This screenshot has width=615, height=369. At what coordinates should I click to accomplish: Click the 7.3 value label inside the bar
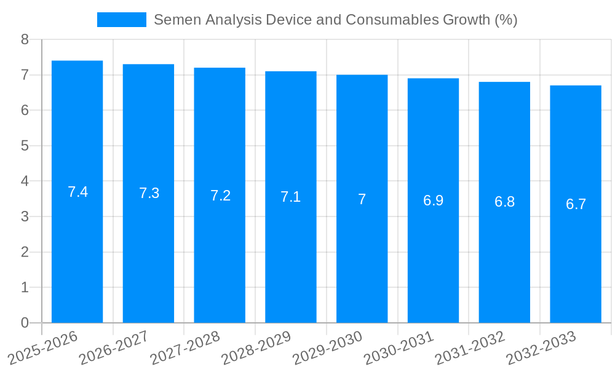tap(149, 193)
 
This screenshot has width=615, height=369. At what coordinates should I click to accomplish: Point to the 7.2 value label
tap(220, 196)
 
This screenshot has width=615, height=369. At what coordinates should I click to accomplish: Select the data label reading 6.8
tap(504, 202)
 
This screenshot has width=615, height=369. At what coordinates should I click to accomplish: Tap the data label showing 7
tap(362, 199)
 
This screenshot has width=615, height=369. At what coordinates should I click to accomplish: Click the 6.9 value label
tap(433, 200)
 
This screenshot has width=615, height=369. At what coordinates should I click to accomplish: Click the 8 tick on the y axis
tap(25, 39)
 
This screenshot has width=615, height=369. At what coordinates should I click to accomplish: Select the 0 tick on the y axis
tap(25, 323)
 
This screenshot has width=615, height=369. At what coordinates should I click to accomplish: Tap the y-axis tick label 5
tap(25, 146)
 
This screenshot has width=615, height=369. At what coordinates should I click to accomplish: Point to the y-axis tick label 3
tap(25, 216)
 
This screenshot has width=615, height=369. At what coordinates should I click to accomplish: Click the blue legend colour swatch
tap(121, 20)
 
